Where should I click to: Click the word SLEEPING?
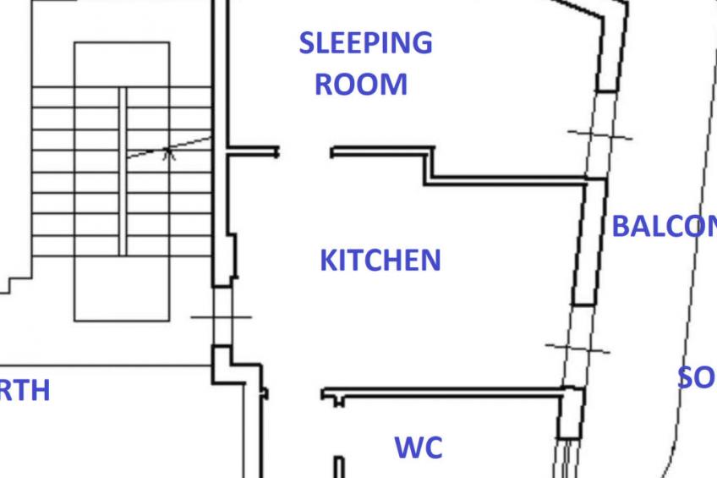[365, 42]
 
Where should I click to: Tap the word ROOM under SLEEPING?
[361, 85]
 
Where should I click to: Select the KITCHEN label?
[380, 260]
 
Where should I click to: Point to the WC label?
[419, 447]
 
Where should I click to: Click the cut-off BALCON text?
[663, 227]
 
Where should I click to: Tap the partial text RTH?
[25, 391]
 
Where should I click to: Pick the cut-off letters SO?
[697, 377]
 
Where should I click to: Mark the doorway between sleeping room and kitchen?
[304, 152]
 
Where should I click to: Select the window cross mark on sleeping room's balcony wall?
[599, 135]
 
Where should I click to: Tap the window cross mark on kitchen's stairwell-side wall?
[221, 316]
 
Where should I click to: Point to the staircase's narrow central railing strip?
[123, 169]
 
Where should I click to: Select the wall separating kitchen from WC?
[448, 393]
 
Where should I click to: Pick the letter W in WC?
[407, 447]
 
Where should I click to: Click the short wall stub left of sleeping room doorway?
[253, 152]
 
